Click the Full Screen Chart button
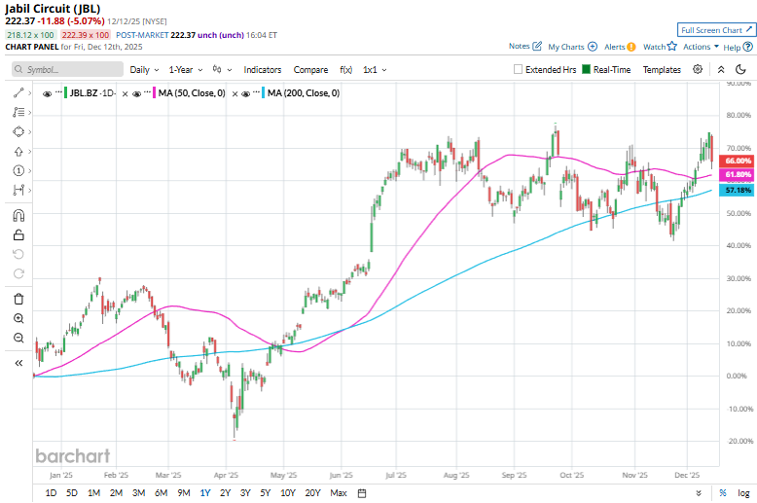tap(715, 30)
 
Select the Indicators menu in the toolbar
tap(262, 70)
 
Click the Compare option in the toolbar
tap(310, 70)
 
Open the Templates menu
tap(662, 70)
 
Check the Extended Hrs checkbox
tap(519, 70)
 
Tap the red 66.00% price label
tap(739, 161)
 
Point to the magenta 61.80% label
tap(739, 174)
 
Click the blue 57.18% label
tap(739, 190)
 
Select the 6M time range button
tap(162, 493)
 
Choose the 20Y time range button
tap(312, 493)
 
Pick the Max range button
tap(339, 493)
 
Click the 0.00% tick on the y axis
tap(737, 376)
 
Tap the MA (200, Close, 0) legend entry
tap(303, 93)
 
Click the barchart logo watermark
tap(73, 455)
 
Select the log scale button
tap(743, 493)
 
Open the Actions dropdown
tap(701, 47)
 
